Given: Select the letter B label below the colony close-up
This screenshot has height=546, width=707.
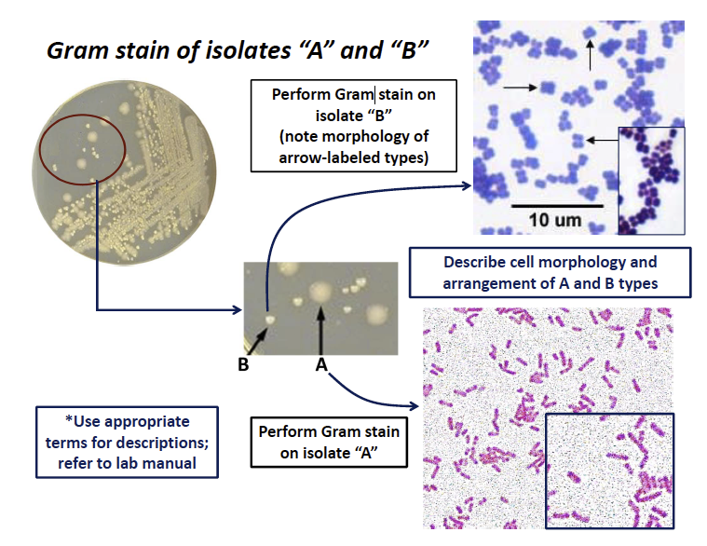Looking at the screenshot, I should [242, 364].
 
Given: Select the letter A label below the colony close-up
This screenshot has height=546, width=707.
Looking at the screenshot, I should [321, 365].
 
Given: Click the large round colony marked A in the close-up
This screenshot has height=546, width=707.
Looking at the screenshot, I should [321, 292].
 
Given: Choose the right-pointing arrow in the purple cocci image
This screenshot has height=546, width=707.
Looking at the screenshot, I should [519, 87].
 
